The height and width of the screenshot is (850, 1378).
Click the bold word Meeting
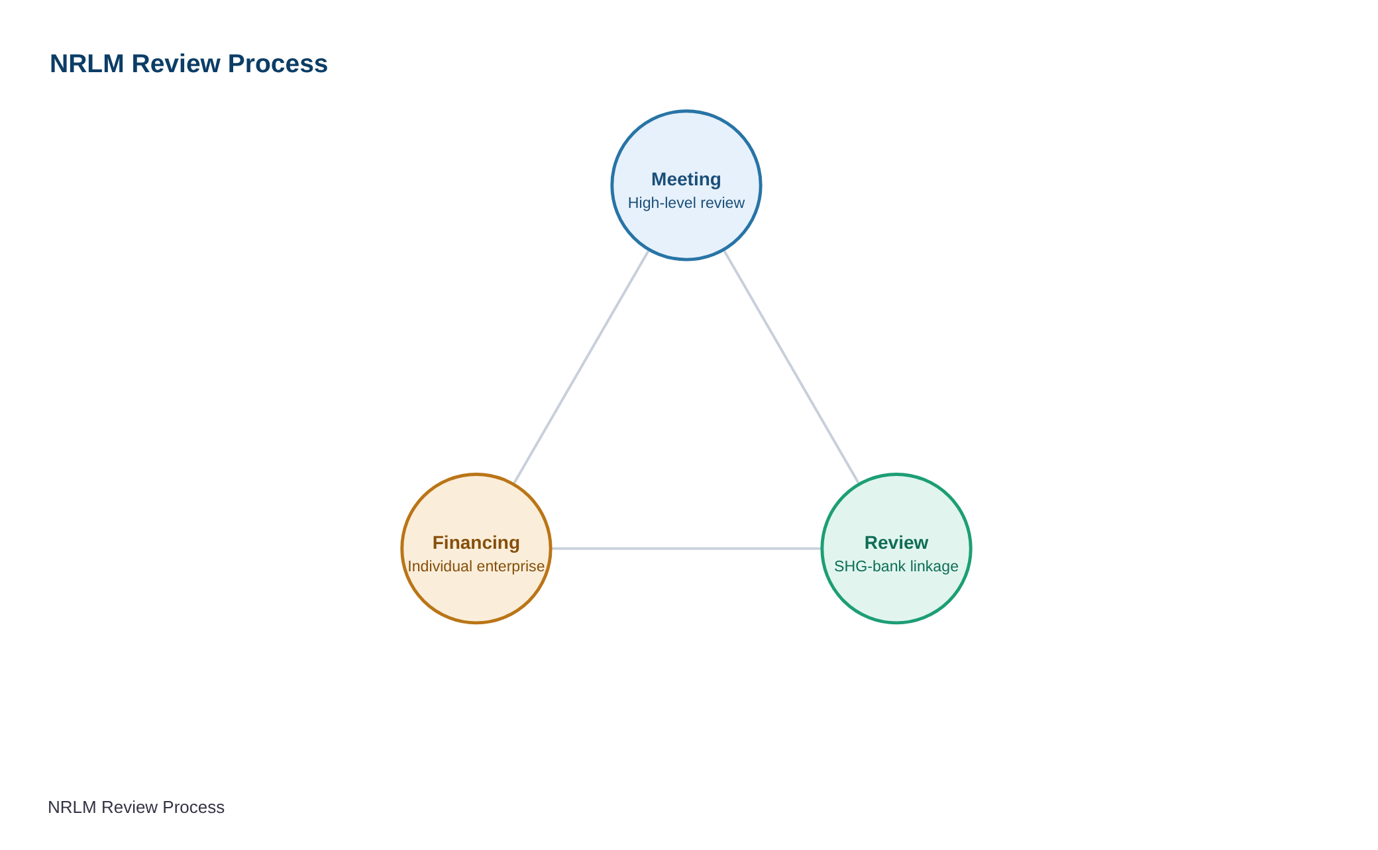[686, 179]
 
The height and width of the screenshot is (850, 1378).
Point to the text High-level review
[686, 203]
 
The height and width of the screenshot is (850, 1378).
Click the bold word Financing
[476, 543]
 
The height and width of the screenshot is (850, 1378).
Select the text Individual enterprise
[476, 567]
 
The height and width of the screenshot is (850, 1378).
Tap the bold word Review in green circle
[896, 543]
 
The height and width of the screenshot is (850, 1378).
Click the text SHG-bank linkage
[896, 567]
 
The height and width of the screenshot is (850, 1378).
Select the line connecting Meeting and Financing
[582, 367]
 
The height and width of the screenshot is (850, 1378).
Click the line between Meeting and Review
[791, 367]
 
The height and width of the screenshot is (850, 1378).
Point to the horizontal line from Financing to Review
[686, 549]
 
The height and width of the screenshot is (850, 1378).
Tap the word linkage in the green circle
[935, 567]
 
